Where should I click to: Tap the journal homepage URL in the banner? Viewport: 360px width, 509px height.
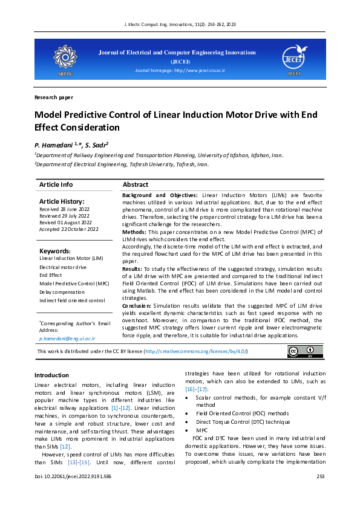tap(180, 71)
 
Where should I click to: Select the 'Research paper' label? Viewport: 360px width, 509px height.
tap(54, 97)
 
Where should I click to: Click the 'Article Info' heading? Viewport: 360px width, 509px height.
tap(56, 184)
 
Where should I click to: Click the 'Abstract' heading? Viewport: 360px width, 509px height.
tap(136, 184)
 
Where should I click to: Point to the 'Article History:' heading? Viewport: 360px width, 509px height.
tap(62, 201)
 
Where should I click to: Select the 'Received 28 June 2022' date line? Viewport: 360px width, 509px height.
tap(64, 209)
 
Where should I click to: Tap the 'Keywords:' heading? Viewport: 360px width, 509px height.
tap(55, 251)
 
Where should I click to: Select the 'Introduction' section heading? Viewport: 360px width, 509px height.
tap(51, 375)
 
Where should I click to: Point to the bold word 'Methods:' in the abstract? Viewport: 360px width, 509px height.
tap(135, 232)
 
